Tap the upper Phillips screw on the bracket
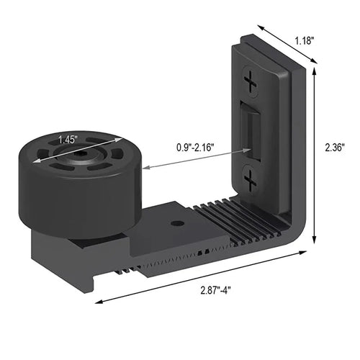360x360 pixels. point(251,85)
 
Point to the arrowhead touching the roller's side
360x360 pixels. point(145,168)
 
